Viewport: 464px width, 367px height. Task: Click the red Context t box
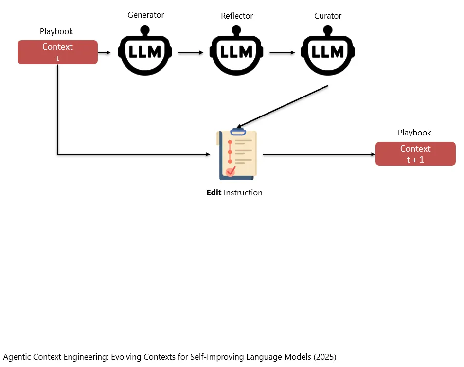57,53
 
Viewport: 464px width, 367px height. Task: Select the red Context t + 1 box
415,154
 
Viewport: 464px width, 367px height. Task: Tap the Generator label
145,15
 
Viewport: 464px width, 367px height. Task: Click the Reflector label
237,16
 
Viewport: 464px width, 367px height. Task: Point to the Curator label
328,16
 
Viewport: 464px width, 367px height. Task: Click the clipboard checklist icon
236,154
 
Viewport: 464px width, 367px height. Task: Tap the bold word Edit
214,193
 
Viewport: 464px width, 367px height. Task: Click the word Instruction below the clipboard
243,193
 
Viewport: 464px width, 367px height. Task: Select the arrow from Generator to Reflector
191,53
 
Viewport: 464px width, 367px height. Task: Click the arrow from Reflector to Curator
282,53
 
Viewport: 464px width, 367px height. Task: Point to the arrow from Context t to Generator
104,53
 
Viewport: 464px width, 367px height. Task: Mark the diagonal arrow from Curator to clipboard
282,107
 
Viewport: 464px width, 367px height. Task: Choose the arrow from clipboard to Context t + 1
319,154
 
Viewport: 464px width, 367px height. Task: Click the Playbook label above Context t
56,31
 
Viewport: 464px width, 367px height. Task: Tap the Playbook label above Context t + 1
414,133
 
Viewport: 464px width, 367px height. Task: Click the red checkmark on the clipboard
231,171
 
